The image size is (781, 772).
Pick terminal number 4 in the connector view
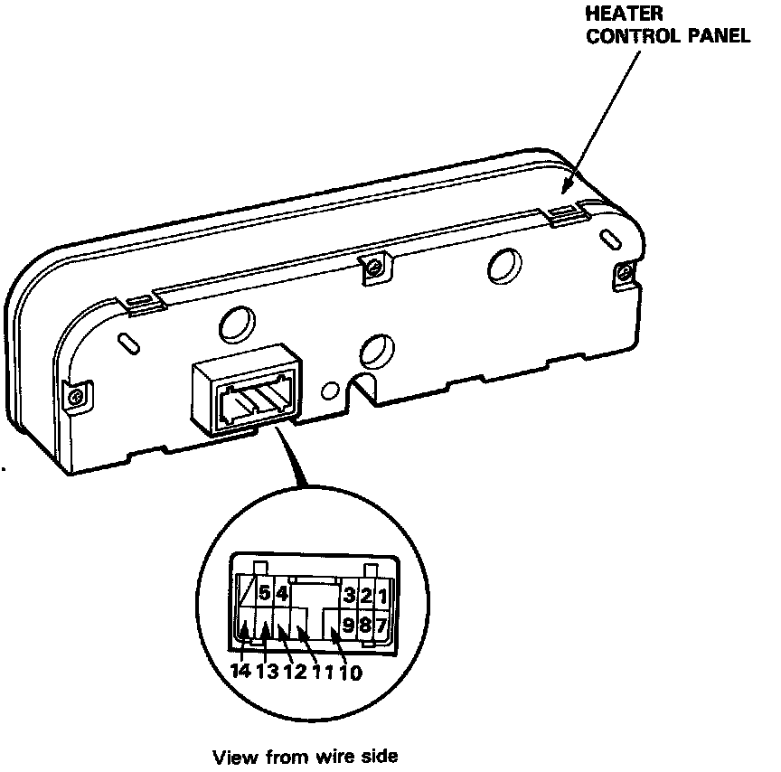coord(281,595)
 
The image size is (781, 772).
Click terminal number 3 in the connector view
coord(347,597)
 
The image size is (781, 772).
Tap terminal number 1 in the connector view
coord(381,597)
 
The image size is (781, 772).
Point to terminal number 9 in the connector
coord(348,624)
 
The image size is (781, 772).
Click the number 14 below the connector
coord(240,672)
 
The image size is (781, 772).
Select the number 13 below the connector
coord(267,672)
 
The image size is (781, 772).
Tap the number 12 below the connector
coord(295,672)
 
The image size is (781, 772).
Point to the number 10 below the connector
coord(351,672)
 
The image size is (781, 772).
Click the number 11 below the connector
coord(323,672)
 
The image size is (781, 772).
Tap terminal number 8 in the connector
coord(365,624)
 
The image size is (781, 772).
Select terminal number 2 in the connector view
coord(364,597)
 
